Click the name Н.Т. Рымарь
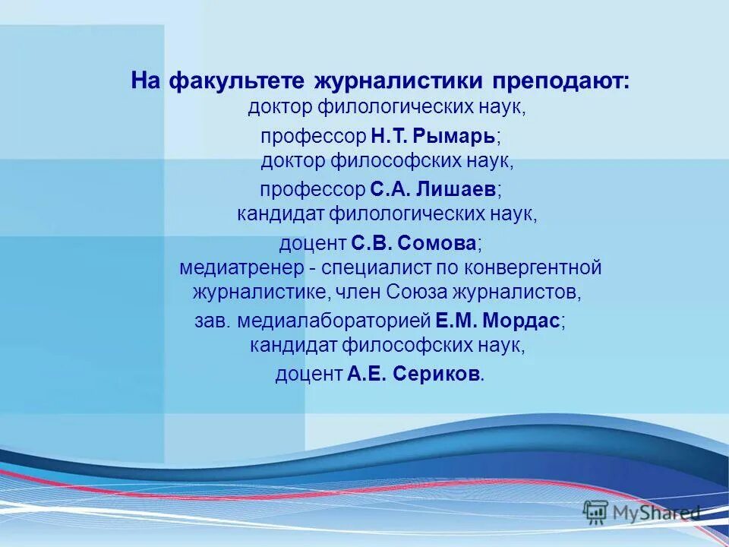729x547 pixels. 434,136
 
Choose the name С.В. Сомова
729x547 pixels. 414,243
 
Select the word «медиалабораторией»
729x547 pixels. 334,321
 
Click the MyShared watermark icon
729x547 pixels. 596,513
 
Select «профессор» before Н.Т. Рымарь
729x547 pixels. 313,136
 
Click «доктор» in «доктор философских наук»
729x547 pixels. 293,161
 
